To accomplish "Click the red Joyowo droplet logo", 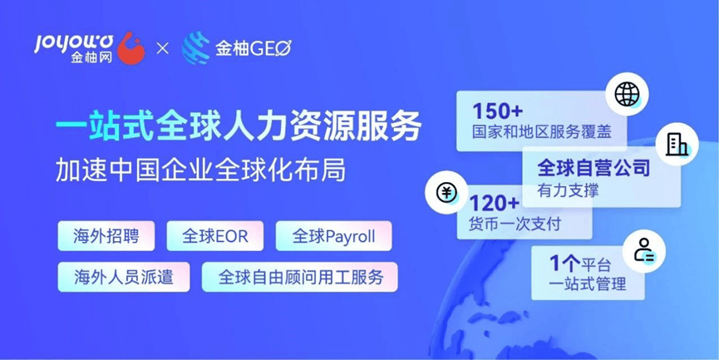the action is point(131,48).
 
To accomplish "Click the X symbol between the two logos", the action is point(163,48).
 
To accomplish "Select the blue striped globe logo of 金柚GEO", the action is point(196,47).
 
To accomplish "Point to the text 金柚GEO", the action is point(254,48).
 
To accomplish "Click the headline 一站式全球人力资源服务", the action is point(239,126).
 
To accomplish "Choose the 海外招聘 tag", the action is point(106,236).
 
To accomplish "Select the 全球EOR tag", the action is point(215,236).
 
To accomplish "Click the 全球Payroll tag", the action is point(334,236).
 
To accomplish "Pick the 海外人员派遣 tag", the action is point(124,277).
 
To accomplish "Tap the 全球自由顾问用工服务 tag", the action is point(300,277).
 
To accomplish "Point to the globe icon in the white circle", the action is point(627,96).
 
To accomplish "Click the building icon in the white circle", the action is point(677,144).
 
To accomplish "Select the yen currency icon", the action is point(446,193).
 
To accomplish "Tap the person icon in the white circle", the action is point(644,251).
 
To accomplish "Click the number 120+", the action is point(494,203).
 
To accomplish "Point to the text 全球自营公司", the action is point(593,168).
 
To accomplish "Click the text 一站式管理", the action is point(588,284).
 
